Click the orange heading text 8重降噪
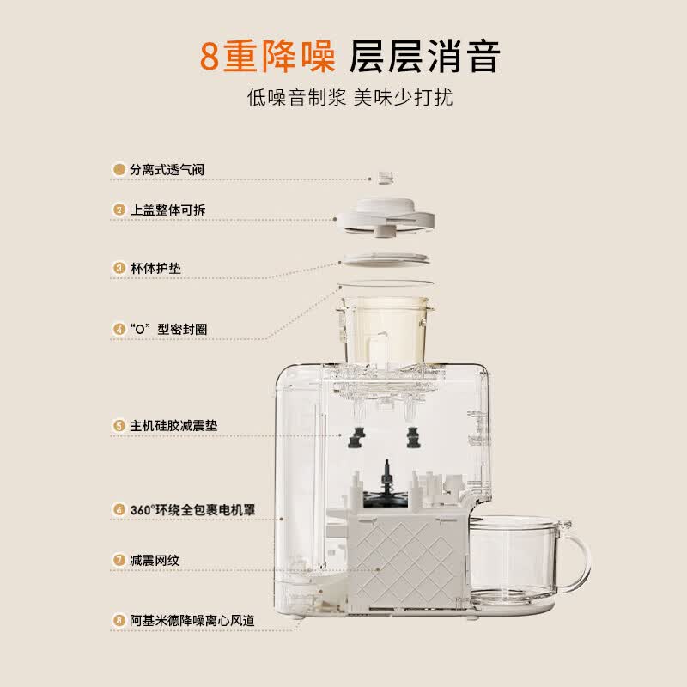click(267, 56)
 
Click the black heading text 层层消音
click(424, 56)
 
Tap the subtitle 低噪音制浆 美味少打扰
click(350, 97)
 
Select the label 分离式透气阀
click(167, 169)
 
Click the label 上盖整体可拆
click(167, 210)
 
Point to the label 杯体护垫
click(155, 268)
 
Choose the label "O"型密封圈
click(168, 329)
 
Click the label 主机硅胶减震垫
click(173, 425)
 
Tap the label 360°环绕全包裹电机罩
click(192, 509)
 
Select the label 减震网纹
click(155, 561)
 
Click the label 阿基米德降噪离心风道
click(192, 620)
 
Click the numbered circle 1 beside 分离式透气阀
click(119, 169)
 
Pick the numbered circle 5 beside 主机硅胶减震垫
click(119, 425)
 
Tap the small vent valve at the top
click(385, 178)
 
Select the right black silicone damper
click(413, 437)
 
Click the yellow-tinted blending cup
click(385, 330)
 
